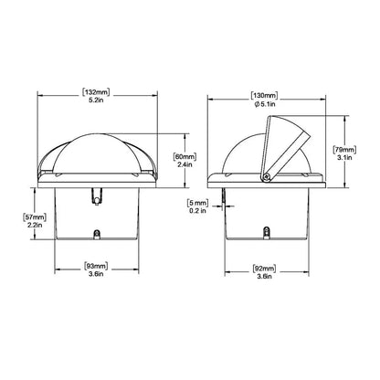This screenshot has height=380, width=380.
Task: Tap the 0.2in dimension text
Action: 196,211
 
